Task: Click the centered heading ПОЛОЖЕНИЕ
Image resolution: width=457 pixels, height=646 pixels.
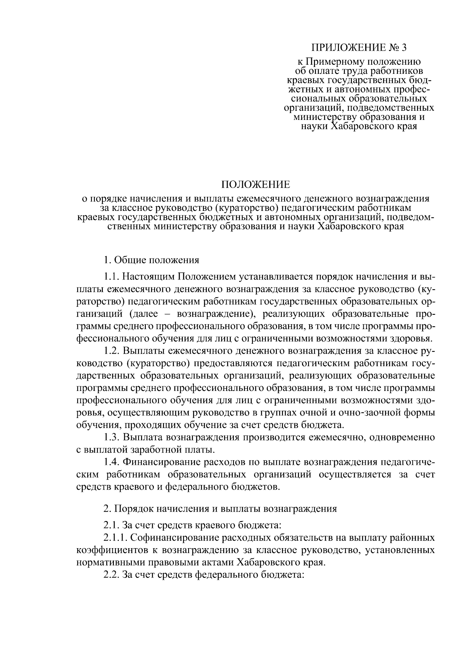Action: click(256, 185)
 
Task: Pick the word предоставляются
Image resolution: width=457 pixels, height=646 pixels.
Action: click(233, 364)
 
